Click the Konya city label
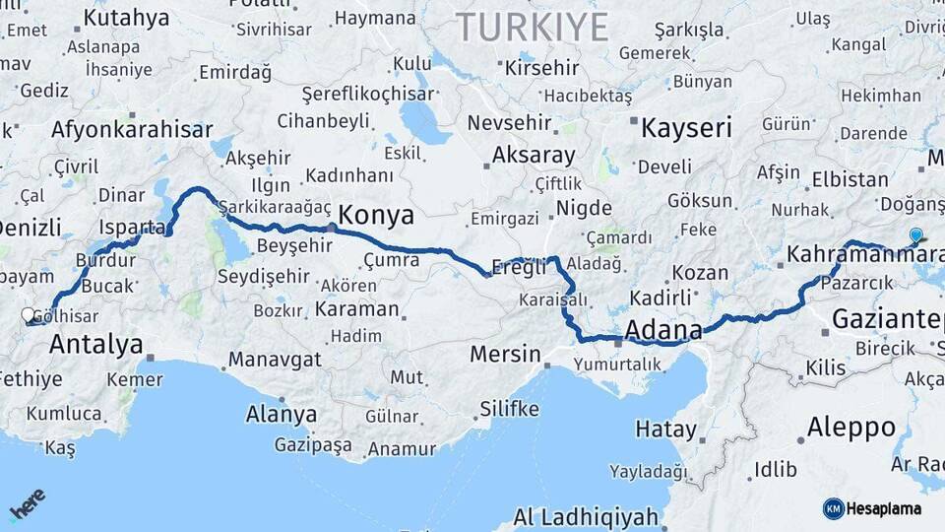(376, 215)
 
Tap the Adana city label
(663, 329)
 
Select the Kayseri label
(686, 127)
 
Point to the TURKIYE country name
(532, 27)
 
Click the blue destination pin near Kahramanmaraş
(916, 234)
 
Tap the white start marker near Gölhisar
(29, 315)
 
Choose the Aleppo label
(850, 428)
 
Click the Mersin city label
(506, 354)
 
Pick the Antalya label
(95, 344)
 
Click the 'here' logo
(27, 504)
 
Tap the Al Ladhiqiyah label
(586, 516)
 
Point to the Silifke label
(509, 408)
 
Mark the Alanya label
(282, 414)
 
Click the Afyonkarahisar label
(131, 130)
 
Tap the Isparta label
(132, 227)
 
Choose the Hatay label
(665, 430)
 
